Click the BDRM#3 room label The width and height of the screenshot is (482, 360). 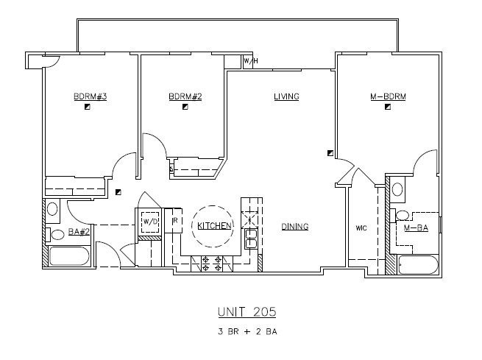91,96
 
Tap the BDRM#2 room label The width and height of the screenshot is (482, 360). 185,96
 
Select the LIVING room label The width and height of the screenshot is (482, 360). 286,96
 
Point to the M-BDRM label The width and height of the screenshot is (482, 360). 389,96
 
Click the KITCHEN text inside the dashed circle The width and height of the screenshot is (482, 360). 214,226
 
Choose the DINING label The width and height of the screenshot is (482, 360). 294,227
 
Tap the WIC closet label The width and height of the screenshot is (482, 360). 361,228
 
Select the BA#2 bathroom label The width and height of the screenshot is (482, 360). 79,232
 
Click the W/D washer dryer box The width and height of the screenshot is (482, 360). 150,222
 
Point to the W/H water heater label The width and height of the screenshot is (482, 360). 250,61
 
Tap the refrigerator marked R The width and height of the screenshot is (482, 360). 176,221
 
